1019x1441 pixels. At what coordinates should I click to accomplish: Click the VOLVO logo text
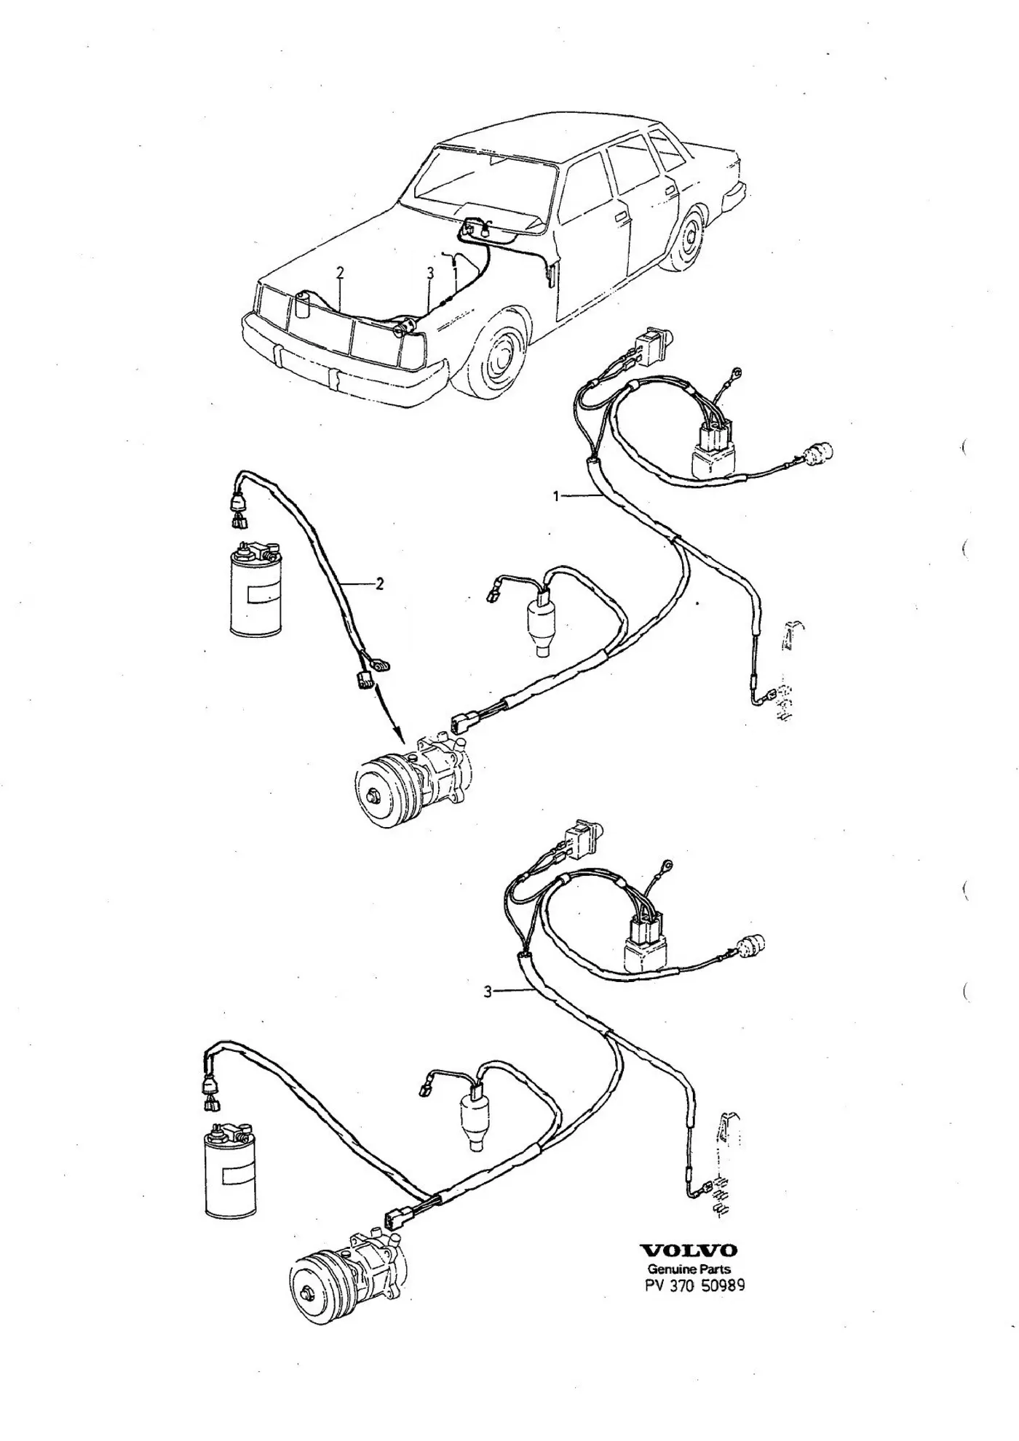point(688,1250)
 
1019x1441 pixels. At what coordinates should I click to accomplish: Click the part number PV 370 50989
point(694,1285)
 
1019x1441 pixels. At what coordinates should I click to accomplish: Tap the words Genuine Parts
point(689,1269)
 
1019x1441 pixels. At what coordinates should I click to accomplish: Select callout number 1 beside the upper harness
point(556,496)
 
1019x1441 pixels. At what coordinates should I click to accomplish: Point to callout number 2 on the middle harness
point(379,583)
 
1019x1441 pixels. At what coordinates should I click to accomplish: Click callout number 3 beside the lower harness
point(487,991)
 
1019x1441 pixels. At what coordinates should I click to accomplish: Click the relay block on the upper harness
point(715,450)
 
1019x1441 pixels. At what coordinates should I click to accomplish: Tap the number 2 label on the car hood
point(340,274)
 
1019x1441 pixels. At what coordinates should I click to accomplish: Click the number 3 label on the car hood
point(430,274)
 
